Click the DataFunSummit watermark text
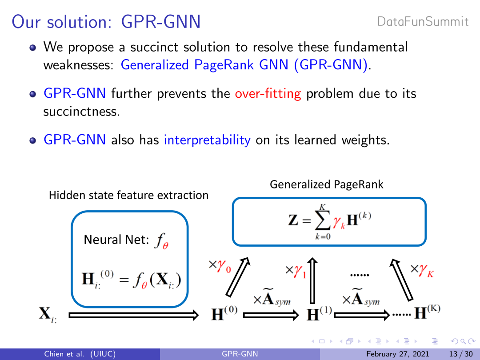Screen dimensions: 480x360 point(423,22)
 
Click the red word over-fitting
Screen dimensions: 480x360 point(268,94)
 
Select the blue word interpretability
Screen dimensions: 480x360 point(207,140)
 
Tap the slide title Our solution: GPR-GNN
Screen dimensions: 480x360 point(106,22)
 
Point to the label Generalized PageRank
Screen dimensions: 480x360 point(326,184)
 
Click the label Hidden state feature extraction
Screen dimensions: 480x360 point(128,195)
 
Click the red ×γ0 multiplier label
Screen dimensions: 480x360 point(220,266)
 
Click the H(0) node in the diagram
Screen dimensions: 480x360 point(224,313)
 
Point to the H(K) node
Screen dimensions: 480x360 point(428,312)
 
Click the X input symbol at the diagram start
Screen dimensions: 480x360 point(48,314)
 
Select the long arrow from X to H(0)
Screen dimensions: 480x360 point(134,315)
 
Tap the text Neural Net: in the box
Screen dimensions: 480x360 point(116,240)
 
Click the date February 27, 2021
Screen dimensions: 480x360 point(398,354)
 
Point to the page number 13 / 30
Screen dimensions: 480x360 point(461,354)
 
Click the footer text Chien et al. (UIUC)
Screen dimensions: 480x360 point(80,354)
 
